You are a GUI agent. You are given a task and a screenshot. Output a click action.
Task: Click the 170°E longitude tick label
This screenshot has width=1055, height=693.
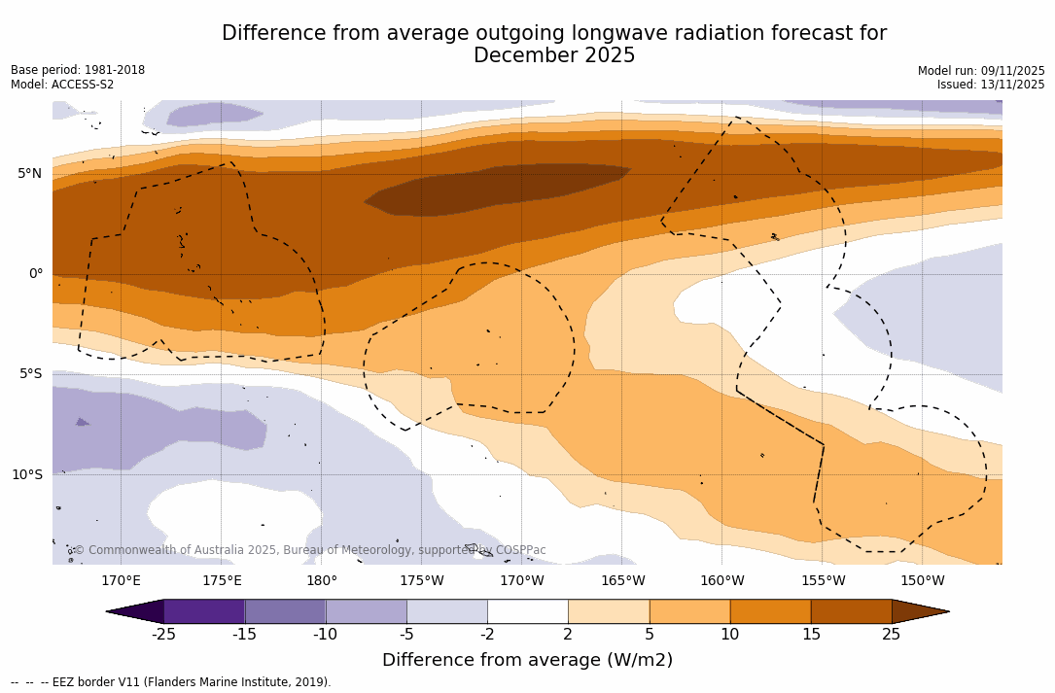tap(121, 581)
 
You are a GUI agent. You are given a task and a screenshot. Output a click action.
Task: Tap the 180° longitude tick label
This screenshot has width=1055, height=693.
tap(322, 581)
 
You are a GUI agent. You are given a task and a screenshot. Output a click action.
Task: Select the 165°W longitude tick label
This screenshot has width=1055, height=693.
tap(622, 581)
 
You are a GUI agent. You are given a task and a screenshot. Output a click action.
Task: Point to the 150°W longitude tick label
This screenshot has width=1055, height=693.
tap(922, 581)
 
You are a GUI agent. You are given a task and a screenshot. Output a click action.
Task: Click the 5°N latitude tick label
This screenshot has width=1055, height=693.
tap(29, 174)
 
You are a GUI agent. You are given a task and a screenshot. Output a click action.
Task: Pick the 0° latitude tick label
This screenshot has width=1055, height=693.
tap(36, 274)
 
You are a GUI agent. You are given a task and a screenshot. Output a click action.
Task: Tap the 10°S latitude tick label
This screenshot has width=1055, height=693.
tap(27, 475)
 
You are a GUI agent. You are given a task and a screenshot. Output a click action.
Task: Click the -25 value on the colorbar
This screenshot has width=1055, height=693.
tap(163, 635)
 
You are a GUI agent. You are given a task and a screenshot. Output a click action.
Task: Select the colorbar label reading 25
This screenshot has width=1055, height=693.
tap(891, 635)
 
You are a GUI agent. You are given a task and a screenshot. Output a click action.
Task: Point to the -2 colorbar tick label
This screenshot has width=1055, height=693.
tap(487, 635)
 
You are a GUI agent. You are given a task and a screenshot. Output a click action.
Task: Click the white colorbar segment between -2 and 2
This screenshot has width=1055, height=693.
tap(527, 611)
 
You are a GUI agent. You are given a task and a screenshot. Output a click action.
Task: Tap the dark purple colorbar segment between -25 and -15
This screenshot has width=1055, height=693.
tap(204, 611)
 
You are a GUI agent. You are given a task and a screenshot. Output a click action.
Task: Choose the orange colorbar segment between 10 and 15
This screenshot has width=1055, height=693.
tap(770, 611)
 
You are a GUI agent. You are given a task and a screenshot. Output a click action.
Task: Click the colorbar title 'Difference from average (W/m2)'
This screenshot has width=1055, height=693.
tap(527, 661)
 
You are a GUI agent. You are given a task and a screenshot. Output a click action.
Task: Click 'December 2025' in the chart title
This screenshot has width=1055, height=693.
tap(554, 56)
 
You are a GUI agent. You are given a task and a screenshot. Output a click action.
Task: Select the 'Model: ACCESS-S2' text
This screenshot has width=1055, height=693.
tap(62, 85)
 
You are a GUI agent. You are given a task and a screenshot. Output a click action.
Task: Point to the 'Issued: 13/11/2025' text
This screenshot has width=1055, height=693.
tap(991, 85)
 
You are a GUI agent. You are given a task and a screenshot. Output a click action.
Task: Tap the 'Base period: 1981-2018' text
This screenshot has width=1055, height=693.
tap(78, 70)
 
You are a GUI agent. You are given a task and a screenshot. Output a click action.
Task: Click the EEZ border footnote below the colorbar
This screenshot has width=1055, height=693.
tap(171, 682)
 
